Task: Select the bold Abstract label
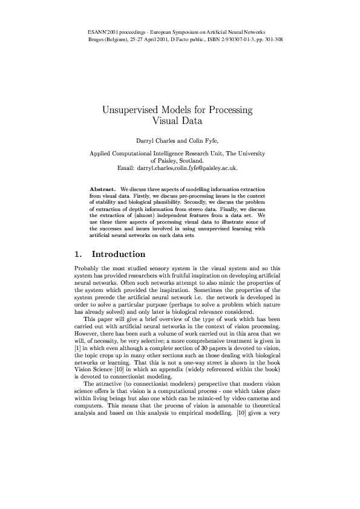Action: click(x=102, y=189)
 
